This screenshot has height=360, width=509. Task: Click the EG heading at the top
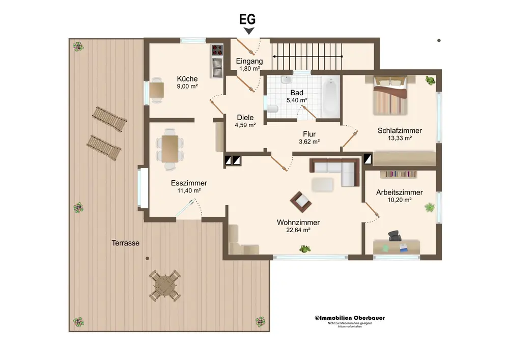(247, 19)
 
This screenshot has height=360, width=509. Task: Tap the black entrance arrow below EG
(249, 31)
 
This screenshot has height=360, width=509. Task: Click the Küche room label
(187, 79)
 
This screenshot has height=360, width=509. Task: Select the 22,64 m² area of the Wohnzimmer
(298, 230)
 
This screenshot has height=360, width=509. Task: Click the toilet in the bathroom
(273, 109)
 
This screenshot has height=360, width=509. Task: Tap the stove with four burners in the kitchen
(217, 50)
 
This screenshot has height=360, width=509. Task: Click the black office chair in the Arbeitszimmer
(394, 236)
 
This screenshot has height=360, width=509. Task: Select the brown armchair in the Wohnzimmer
(301, 202)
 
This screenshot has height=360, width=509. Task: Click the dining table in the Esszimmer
(170, 149)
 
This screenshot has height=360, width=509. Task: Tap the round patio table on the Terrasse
(165, 286)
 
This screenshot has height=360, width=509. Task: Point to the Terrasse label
(126, 243)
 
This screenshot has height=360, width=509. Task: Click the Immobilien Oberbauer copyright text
(350, 318)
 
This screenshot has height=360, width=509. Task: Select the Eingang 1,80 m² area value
(249, 69)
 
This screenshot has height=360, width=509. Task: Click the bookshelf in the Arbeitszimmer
(399, 174)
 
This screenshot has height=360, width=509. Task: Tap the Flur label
(309, 134)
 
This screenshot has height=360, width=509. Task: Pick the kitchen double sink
(217, 68)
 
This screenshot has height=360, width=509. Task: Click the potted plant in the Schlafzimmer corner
(431, 80)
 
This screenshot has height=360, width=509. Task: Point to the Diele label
(245, 118)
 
